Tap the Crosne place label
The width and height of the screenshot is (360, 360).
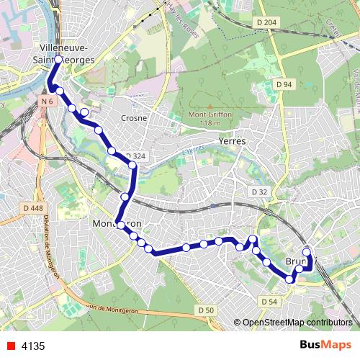pos(135,118)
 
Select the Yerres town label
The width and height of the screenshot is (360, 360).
pos(231,142)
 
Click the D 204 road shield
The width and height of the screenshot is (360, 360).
pos(266,23)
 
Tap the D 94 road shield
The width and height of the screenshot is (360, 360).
pos(284,85)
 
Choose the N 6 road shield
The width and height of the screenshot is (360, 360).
pos(47,102)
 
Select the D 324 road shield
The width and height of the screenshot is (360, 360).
pos(135,156)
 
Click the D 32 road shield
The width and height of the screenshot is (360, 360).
pos(259,192)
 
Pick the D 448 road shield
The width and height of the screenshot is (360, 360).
pos(33,208)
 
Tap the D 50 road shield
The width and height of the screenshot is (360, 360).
pos(205,310)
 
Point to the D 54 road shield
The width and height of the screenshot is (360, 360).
pos(269,301)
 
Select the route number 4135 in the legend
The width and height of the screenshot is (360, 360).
pos(32,346)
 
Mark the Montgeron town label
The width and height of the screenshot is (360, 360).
pos(117,225)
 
